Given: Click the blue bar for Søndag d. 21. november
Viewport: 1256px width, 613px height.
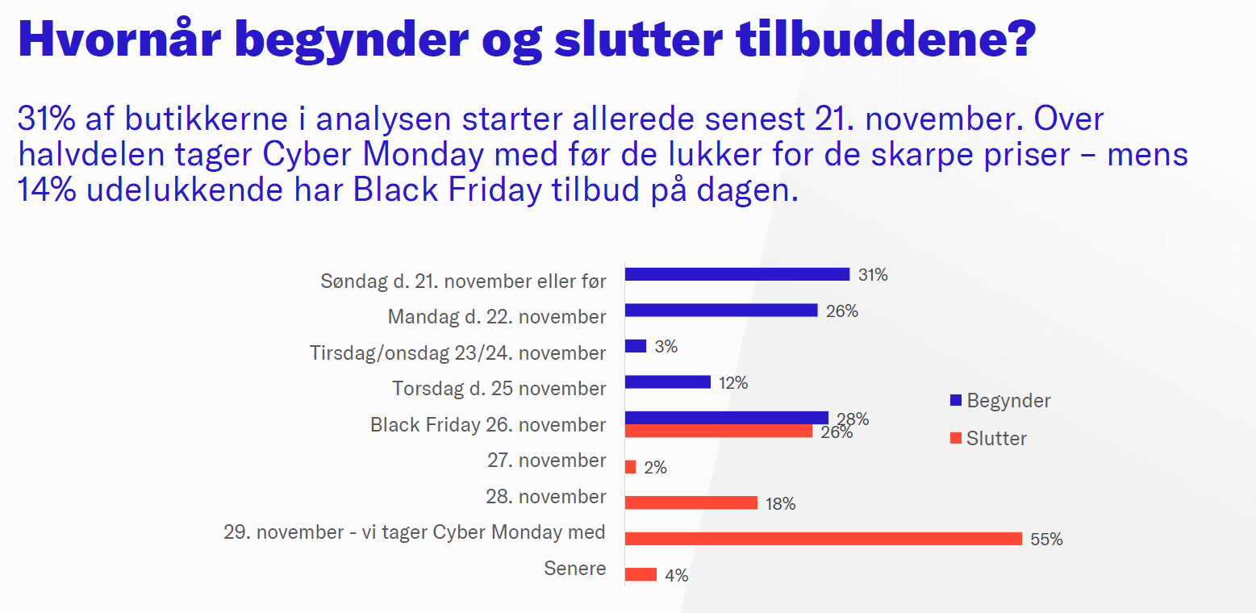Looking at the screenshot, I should [x=737, y=274].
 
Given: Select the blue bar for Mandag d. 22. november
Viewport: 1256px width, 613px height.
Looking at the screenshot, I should [x=721, y=310].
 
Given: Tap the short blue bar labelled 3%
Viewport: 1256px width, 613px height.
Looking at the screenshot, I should [x=636, y=346].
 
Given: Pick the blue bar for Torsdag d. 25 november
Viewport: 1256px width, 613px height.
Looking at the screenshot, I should [x=668, y=382].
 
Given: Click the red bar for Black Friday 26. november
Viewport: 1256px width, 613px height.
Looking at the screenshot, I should [x=719, y=431].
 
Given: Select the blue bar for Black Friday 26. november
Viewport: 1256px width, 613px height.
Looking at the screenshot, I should [x=727, y=417].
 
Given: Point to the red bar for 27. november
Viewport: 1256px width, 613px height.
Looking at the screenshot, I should [x=631, y=467].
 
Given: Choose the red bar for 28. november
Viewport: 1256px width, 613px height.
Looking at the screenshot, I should [x=691, y=502].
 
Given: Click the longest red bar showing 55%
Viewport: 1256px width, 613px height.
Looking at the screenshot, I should [x=824, y=539].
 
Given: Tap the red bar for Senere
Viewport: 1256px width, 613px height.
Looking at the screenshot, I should [x=641, y=574].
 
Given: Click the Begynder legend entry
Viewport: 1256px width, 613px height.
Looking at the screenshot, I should [x=1000, y=400].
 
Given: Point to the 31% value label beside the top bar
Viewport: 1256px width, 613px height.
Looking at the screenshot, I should [x=873, y=275].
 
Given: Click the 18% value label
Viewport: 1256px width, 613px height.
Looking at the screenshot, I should [x=781, y=504].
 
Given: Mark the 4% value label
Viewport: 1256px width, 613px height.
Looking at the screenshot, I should [x=676, y=576].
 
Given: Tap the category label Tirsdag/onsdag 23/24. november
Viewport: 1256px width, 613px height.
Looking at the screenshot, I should [x=457, y=353].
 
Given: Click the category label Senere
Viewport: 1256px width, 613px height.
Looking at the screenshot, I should [x=575, y=569].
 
